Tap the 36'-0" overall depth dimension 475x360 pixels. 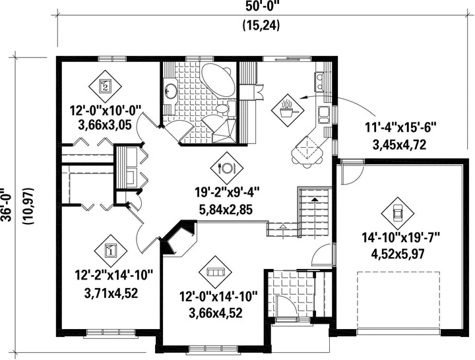(x=6, y=205)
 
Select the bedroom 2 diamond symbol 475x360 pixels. (x=105, y=86)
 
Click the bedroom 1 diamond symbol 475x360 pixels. (x=111, y=251)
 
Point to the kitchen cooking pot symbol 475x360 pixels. (x=287, y=110)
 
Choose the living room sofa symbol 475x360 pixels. (x=215, y=272)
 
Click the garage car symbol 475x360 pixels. (x=397, y=213)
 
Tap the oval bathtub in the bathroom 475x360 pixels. (x=218, y=80)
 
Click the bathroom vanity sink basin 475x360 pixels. (x=171, y=92)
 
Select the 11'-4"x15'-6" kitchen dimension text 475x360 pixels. (x=400, y=127)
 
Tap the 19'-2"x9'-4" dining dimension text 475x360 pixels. (x=227, y=193)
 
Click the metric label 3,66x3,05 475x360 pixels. (x=105, y=125)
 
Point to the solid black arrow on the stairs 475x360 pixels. (x=315, y=199)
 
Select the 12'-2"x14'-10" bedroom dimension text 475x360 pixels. (x=113, y=276)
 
